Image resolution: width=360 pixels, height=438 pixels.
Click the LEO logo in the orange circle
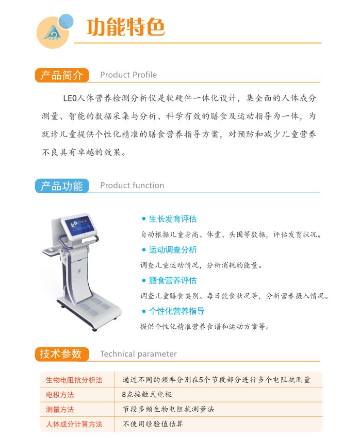click(52, 33)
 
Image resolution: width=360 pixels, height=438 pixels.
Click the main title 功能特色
click(125, 27)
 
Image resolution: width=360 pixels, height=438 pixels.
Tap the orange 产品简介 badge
click(62, 75)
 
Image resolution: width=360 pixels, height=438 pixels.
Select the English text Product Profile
click(128, 75)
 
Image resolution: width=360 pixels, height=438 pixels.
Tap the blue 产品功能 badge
click(62, 186)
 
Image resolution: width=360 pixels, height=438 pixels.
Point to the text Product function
click(132, 186)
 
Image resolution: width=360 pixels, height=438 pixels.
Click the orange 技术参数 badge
click(62, 354)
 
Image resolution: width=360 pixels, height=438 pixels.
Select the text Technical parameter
click(138, 354)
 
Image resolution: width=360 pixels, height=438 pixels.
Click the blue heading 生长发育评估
click(173, 219)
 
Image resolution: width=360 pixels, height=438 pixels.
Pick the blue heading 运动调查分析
click(173, 250)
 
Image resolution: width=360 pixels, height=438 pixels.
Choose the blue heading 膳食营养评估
click(173, 280)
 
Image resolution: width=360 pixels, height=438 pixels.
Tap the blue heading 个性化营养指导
click(176, 311)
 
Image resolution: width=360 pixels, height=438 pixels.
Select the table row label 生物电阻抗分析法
click(74, 380)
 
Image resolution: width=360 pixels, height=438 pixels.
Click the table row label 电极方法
click(60, 395)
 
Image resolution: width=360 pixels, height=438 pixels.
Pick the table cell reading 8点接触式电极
click(147, 394)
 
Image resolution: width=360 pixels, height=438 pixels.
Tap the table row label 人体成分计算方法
click(74, 424)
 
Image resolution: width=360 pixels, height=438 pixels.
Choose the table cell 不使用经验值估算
click(153, 424)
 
